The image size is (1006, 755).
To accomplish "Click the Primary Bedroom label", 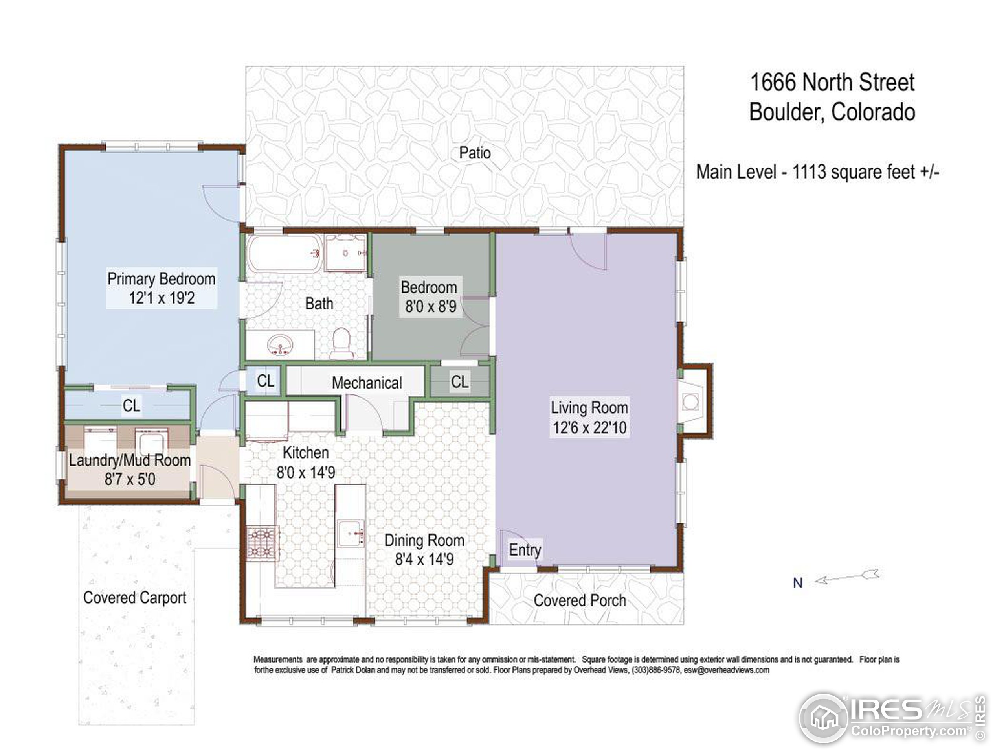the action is click(x=161, y=278).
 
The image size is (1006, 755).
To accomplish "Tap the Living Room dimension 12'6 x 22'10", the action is click(x=589, y=428).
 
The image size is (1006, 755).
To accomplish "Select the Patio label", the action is click(x=475, y=153).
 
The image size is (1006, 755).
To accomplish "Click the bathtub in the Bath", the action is click(x=284, y=254).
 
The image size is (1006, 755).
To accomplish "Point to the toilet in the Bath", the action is click(x=341, y=342).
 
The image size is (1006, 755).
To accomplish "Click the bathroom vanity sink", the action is click(x=280, y=344).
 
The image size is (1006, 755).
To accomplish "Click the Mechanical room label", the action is click(x=367, y=383).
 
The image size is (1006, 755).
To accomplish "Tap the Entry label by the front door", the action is click(x=525, y=550).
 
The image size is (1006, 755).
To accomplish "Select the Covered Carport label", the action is click(x=135, y=598).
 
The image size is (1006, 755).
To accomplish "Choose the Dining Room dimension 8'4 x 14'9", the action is click(x=424, y=559).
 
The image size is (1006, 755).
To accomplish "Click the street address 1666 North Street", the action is click(x=832, y=82).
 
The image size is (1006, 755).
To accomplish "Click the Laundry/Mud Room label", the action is click(x=130, y=460).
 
